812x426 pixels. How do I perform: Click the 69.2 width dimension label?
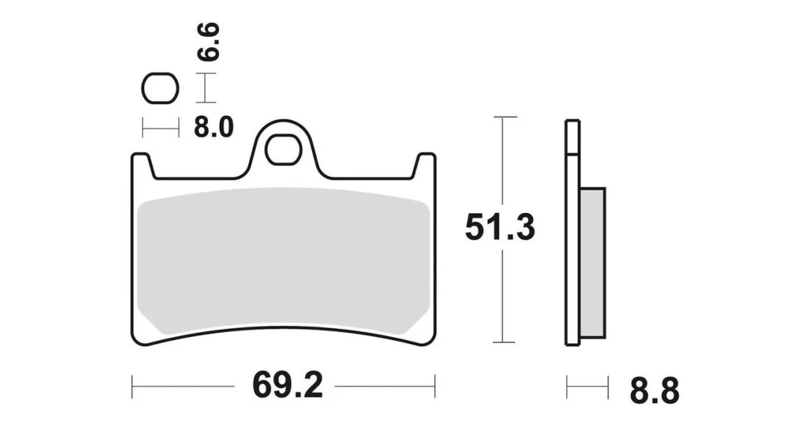[287, 386]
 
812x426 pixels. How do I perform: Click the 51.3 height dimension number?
[499, 227]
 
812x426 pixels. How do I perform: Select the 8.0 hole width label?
[214, 127]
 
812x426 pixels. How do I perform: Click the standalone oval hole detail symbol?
[160, 88]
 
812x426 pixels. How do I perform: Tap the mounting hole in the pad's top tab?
[284, 150]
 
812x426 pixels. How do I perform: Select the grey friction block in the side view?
[592, 263]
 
